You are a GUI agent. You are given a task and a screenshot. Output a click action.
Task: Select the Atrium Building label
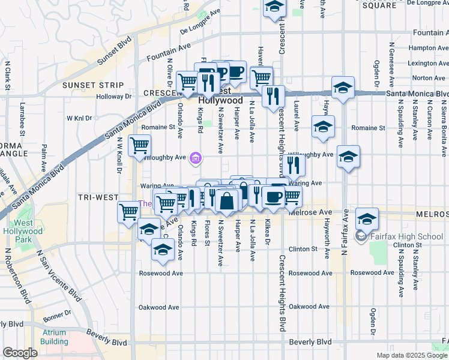coord(54,337)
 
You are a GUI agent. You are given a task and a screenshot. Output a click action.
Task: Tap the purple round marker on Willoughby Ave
coord(194,158)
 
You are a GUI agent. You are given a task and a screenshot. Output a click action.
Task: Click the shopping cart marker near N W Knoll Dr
coord(139,145)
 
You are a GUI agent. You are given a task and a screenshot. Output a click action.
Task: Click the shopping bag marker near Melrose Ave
coord(227,200)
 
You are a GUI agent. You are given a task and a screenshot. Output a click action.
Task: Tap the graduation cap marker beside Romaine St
coord(323,125)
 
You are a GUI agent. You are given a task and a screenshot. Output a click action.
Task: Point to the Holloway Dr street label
coord(114,96)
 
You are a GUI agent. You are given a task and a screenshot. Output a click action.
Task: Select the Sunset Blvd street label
coord(114,52)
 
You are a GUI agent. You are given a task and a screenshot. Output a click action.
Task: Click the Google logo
coord(20,353)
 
